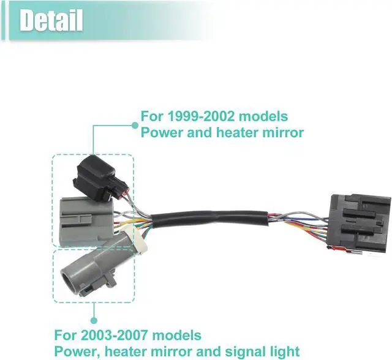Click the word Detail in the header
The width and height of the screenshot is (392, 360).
point(51,21)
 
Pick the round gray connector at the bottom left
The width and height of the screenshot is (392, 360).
point(85,269)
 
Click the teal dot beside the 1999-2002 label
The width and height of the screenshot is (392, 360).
point(135,124)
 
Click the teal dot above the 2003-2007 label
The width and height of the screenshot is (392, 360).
point(94,319)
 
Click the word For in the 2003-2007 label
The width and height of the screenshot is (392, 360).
point(66,335)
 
